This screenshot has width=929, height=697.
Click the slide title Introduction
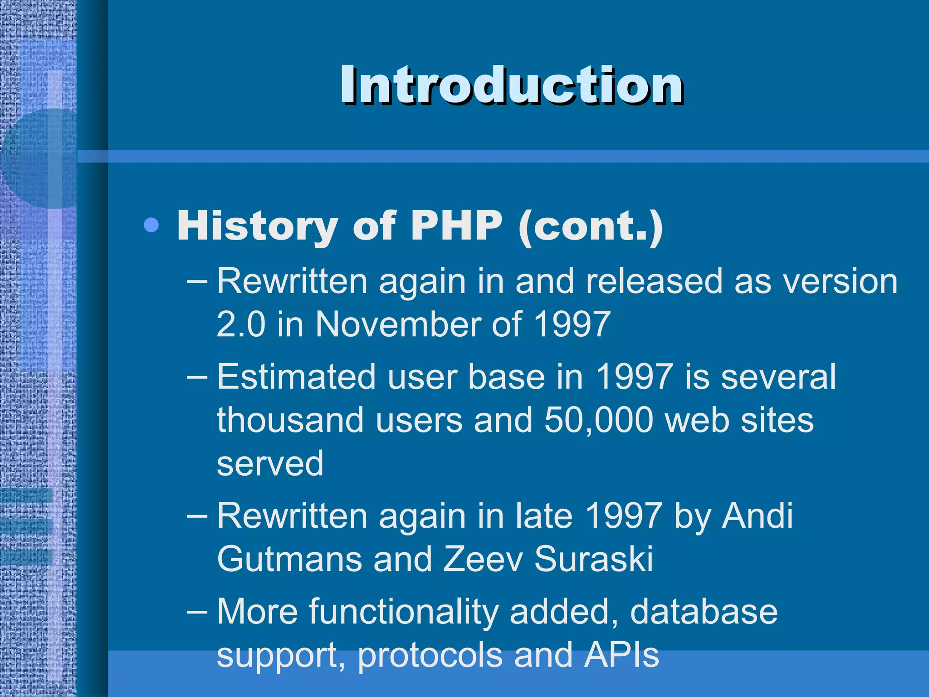click(x=512, y=85)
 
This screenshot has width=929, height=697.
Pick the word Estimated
click(x=296, y=377)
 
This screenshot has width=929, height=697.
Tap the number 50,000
click(x=599, y=420)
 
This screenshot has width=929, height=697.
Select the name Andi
click(x=757, y=515)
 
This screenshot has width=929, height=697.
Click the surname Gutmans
click(x=289, y=559)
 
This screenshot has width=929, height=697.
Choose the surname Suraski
click(x=593, y=559)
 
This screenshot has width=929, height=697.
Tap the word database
click(x=704, y=612)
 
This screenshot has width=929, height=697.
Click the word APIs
click(x=621, y=654)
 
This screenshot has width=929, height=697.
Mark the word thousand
click(x=290, y=420)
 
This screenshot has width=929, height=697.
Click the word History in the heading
click(x=257, y=226)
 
